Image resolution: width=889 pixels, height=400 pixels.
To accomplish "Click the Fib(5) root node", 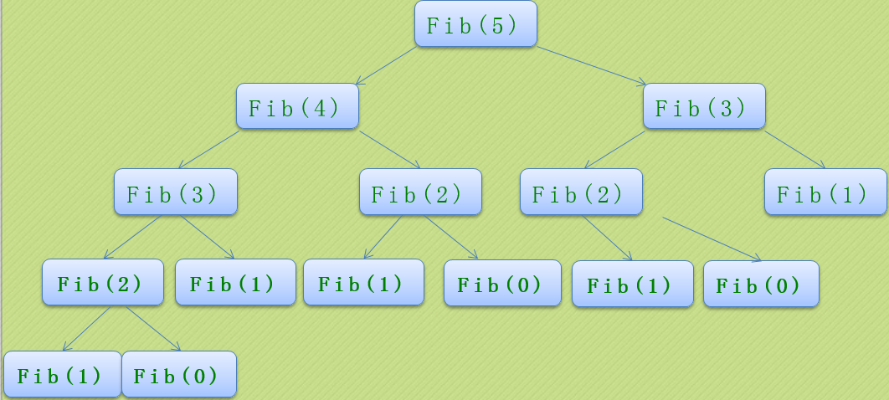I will pos(475,24).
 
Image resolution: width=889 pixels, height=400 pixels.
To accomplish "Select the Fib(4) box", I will pos(297,106).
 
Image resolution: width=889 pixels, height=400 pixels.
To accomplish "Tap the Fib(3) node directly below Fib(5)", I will pos(704,106).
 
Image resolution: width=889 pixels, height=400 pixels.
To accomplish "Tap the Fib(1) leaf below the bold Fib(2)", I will pos(62,374).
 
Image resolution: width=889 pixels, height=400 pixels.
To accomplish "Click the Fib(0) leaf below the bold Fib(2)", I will pos(179,374).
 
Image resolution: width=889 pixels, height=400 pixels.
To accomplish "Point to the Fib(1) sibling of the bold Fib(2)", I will pos(235,282).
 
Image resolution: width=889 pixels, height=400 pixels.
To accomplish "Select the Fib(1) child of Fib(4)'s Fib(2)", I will pos(363,282).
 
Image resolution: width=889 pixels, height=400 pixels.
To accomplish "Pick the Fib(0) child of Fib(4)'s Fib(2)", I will pos(502,283).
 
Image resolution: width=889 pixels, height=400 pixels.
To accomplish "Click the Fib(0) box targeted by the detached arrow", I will pos(761,285).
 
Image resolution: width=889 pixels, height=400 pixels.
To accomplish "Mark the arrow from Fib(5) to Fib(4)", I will pos(386,65).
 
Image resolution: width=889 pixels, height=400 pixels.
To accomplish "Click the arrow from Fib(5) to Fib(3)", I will pos(592,65).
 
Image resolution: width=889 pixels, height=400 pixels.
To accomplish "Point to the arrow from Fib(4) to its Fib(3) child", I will pos(208,150).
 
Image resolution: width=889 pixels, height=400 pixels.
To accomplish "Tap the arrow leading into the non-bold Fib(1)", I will pos(795,150).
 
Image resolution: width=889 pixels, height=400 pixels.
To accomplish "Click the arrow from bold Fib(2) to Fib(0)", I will pos(153,329).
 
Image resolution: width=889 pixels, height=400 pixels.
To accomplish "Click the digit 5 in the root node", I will pos(498,25).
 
